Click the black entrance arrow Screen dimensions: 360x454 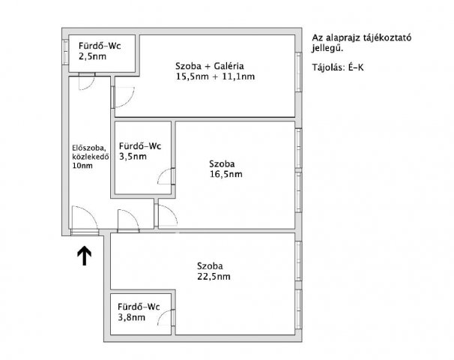point(85,256)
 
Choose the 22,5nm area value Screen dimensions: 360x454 point(214,276)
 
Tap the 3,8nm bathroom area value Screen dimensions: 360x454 point(131,317)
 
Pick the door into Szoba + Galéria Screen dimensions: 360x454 point(121,95)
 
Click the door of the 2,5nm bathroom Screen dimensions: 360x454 point(85,79)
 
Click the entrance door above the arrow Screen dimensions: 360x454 point(84,219)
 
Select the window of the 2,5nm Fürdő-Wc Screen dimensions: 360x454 point(66,53)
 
